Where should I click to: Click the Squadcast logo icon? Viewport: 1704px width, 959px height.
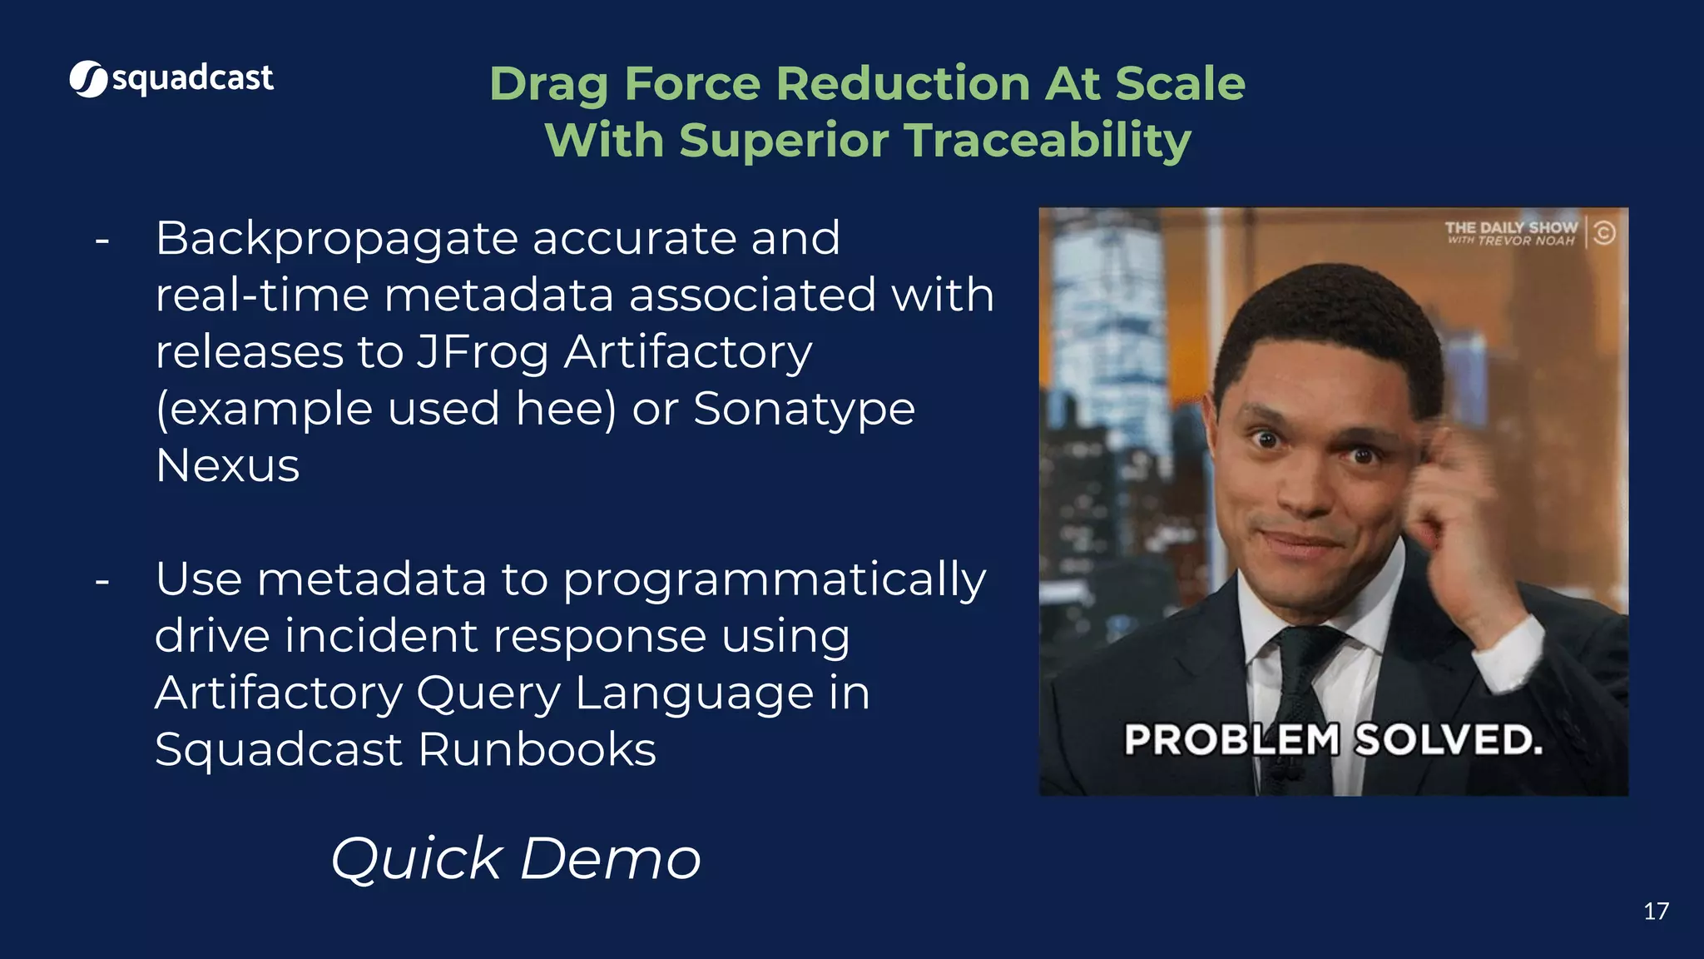(88, 79)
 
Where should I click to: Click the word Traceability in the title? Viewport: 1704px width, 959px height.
(1048, 140)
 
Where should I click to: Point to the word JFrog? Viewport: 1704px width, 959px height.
(482, 351)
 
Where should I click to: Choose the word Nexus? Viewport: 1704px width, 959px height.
(227, 465)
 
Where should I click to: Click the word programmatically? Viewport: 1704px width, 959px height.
(774, 580)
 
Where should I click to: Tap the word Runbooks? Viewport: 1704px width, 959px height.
(537, 749)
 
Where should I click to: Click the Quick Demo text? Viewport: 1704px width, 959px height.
(516, 858)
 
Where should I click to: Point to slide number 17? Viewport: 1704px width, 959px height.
(1656, 912)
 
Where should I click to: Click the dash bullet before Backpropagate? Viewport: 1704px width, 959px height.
(102, 241)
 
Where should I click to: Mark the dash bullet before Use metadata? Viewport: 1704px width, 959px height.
(102, 581)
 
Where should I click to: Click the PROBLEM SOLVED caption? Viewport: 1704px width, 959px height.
(1333, 739)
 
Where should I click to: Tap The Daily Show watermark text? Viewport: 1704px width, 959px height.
(1510, 232)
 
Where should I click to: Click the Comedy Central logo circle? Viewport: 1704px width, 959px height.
(1604, 232)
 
